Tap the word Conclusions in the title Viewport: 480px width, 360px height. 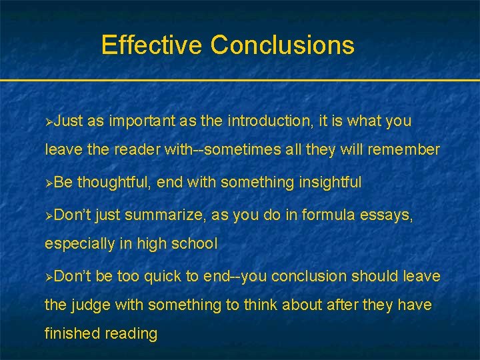click(283, 45)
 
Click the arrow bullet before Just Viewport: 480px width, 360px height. click(49, 122)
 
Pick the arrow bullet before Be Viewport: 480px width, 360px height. click(49, 183)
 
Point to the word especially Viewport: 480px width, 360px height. click(80, 243)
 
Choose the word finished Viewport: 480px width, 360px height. click(71, 333)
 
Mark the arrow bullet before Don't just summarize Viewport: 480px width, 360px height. click(49, 215)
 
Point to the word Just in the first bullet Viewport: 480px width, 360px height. click(69, 121)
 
